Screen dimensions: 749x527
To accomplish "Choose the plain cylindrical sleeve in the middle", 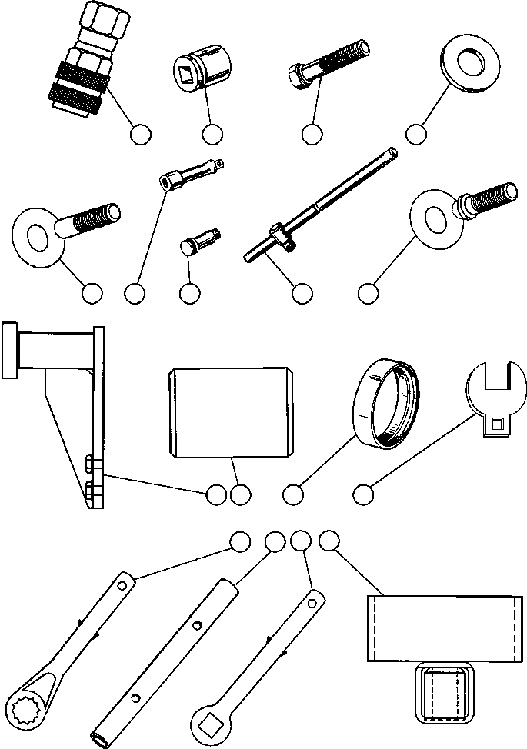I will tap(231, 412).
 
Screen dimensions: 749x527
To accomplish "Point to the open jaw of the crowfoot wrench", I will tap(495, 379).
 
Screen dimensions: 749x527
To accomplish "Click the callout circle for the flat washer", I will tap(416, 134).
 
